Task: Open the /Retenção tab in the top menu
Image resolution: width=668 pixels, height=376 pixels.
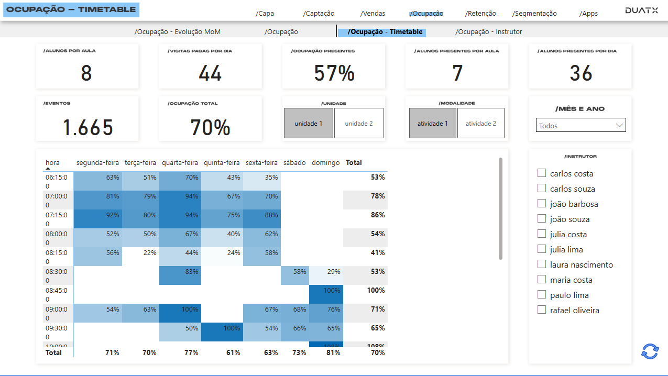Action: coord(480,14)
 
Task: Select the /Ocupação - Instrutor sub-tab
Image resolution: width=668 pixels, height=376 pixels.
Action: coord(489,32)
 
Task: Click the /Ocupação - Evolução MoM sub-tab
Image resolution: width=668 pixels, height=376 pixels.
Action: coord(178,32)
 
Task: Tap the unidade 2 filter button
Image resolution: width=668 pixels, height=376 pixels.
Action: coord(359,124)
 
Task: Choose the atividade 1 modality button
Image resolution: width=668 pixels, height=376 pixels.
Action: coord(432,124)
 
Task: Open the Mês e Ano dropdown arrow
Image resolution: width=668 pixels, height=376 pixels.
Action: coord(619,126)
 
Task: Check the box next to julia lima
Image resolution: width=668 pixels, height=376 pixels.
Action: coord(542,249)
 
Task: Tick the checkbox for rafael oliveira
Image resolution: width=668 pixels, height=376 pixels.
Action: coord(542,310)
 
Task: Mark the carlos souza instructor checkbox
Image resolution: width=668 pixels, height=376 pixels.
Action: coord(542,189)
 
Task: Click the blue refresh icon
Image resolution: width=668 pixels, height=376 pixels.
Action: coord(650,351)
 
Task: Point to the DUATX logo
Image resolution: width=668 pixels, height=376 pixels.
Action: coord(641,10)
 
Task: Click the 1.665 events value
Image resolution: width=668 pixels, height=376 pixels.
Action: coord(87,127)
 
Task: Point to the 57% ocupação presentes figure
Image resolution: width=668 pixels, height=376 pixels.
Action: coord(334,73)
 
